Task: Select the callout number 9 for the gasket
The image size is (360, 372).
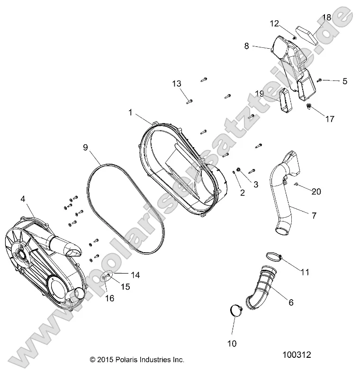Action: pyautogui.click(x=85, y=147)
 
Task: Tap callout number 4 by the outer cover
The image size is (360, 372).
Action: pyautogui.click(x=23, y=199)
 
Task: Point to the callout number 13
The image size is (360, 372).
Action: pyautogui.click(x=176, y=84)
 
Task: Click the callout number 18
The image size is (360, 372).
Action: pyautogui.click(x=326, y=18)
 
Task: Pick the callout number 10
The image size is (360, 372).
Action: pyautogui.click(x=232, y=343)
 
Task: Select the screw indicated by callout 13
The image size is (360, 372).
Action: pyautogui.click(x=189, y=100)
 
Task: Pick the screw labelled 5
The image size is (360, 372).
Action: pyautogui.click(x=320, y=80)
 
